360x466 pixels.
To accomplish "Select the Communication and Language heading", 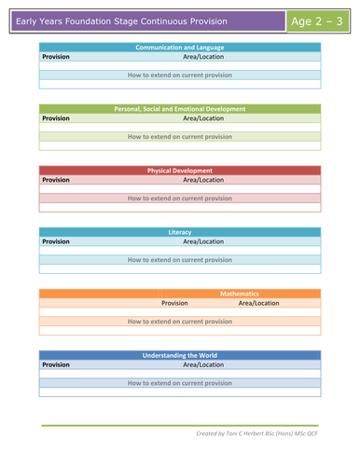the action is pos(180,47).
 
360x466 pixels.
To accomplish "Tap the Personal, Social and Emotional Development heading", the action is pos(180,109).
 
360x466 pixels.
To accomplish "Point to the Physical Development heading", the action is pos(180,171).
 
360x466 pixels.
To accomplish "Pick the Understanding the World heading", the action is pos(180,355).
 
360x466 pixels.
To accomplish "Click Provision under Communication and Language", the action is pos(56,56).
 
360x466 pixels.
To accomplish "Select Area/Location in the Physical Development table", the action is pos(203,180).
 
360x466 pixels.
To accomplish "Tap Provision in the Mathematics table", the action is pos(174,303).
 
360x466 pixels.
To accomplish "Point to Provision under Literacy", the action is pos(56,241).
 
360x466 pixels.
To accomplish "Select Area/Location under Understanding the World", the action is pos(203,364).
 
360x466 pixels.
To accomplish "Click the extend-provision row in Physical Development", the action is pos(180,199).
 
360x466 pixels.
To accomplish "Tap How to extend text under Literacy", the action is pos(180,260).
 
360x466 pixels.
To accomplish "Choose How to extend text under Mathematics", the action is pos(180,322).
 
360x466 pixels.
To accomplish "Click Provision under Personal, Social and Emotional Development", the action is pos(56,118).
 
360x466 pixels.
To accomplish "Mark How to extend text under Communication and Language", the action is pos(180,75).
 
